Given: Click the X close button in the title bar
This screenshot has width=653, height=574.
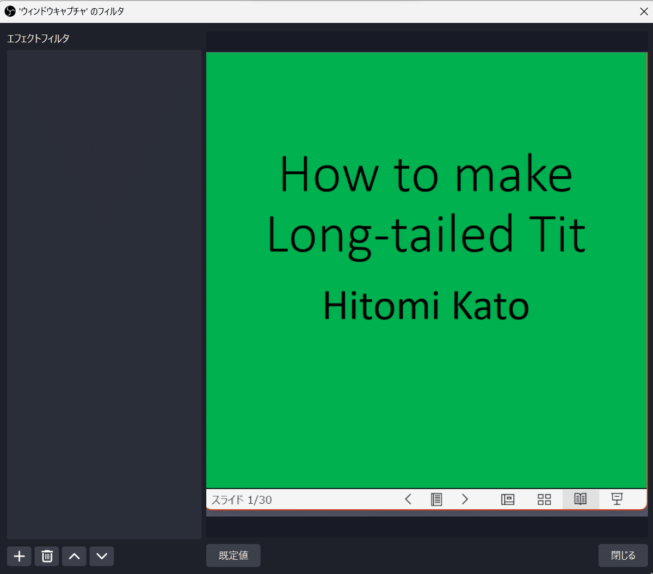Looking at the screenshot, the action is click(644, 11).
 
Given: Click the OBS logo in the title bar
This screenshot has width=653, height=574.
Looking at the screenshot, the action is click(10, 11).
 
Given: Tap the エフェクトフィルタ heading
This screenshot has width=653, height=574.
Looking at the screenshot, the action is click(38, 39).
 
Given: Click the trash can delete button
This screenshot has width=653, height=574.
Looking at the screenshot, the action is click(47, 556).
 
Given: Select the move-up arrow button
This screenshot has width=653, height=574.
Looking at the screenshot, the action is click(74, 556).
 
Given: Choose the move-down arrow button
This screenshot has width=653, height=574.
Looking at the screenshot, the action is click(102, 556).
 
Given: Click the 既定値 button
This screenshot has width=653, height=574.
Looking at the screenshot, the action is click(233, 556).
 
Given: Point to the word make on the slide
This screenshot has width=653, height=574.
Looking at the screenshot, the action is click(514, 174).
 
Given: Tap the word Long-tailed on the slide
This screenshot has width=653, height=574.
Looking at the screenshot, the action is click(390, 235).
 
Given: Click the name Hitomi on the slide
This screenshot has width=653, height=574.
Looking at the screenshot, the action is click(381, 305).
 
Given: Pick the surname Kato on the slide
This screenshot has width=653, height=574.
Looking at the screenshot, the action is click(491, 305).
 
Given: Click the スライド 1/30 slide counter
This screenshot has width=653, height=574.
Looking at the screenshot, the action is click(242, 499).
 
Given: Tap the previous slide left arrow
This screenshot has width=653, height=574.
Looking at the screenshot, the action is click(408, 499).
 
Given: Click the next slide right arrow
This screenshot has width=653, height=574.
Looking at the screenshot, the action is click(465, 499).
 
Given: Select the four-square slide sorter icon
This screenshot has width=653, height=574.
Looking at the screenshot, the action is click(544, 499).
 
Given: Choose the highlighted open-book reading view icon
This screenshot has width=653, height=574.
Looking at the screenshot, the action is click(580, 499).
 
